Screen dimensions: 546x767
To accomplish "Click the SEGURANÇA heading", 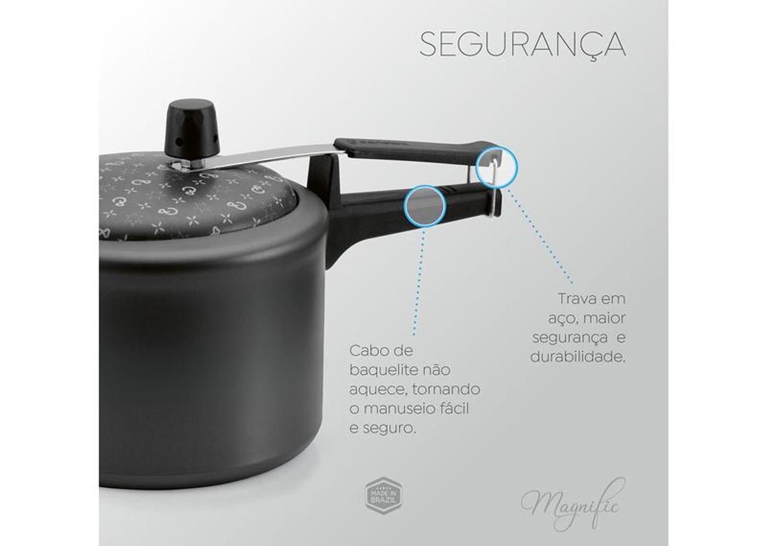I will [522, 45].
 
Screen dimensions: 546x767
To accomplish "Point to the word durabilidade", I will [577, 357].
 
